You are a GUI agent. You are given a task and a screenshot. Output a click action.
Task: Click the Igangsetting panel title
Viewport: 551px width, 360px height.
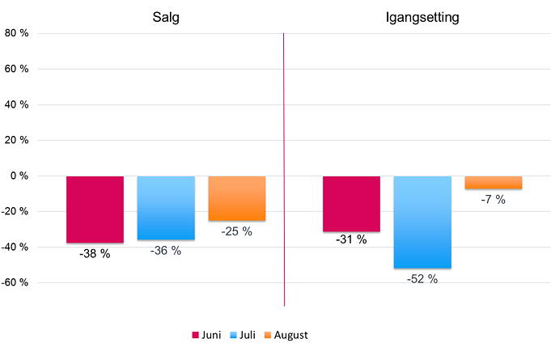(422, 18)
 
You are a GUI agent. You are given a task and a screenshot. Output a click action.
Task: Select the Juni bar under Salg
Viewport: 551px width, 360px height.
(95, 209)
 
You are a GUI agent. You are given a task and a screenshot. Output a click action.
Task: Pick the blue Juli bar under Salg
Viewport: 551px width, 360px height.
(166, 207)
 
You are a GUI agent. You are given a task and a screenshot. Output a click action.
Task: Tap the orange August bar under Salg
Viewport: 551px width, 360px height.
(237, 198)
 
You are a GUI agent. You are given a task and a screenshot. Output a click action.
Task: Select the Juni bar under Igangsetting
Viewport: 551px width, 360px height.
(351, 203)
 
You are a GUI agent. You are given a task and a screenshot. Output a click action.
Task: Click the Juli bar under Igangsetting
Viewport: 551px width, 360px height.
(422, 222)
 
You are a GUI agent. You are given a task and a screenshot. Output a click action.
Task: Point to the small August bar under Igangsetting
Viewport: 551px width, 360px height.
(493, 182)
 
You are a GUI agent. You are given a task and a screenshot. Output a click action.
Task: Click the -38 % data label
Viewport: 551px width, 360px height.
(95, 253)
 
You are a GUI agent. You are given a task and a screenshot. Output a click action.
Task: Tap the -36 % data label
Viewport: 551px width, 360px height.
(166, 251)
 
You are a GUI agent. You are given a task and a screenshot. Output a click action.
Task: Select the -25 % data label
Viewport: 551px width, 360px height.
(236, 231)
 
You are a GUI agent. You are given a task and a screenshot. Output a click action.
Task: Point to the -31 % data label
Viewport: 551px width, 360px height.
(351, 239)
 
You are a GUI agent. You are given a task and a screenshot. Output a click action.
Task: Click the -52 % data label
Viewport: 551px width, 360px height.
(422, 278)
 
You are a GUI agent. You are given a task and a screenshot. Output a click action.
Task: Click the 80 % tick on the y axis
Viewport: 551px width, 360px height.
(16, 33)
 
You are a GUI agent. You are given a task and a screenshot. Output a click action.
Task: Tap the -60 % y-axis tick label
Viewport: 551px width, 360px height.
(15, 282)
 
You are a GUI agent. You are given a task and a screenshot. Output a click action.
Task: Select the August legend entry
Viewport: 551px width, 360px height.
(284, 335)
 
